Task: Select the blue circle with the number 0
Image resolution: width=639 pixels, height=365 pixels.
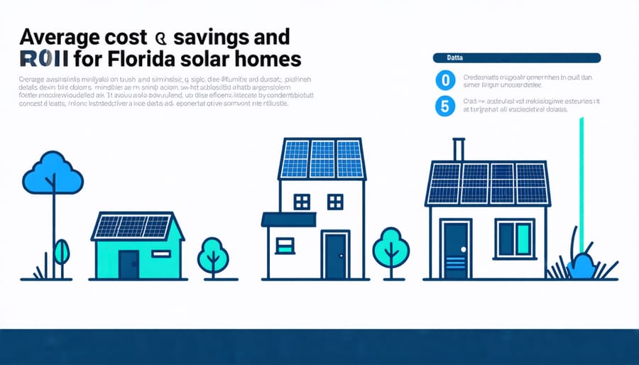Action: [x=444, y=80]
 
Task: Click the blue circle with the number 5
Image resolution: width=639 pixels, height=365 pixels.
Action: [x=444, y=107]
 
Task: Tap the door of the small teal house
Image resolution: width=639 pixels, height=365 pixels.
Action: [x=129, y=264]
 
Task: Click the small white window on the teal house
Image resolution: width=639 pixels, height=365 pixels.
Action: [x=161, y=254]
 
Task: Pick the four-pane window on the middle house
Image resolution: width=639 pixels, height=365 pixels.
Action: [x=302, y=202]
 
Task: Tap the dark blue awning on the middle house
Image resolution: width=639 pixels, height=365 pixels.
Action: [x=288, y=219]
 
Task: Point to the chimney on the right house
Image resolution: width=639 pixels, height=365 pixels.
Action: [x=459, y=150]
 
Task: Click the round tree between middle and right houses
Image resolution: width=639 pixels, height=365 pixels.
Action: [x=390, y=245]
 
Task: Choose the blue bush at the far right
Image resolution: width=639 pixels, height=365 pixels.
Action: [x=583, y=266]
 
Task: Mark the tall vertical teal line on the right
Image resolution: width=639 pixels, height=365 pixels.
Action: [x=581, y=185]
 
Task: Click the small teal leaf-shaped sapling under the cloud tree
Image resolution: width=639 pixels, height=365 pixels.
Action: [x=62, y=251]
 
